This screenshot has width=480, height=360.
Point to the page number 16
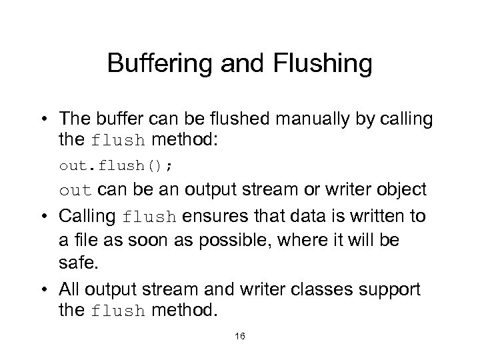pyautogui.click(x=239, y=337)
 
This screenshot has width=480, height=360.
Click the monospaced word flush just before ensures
pyautogui.click(x=151, y=217)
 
